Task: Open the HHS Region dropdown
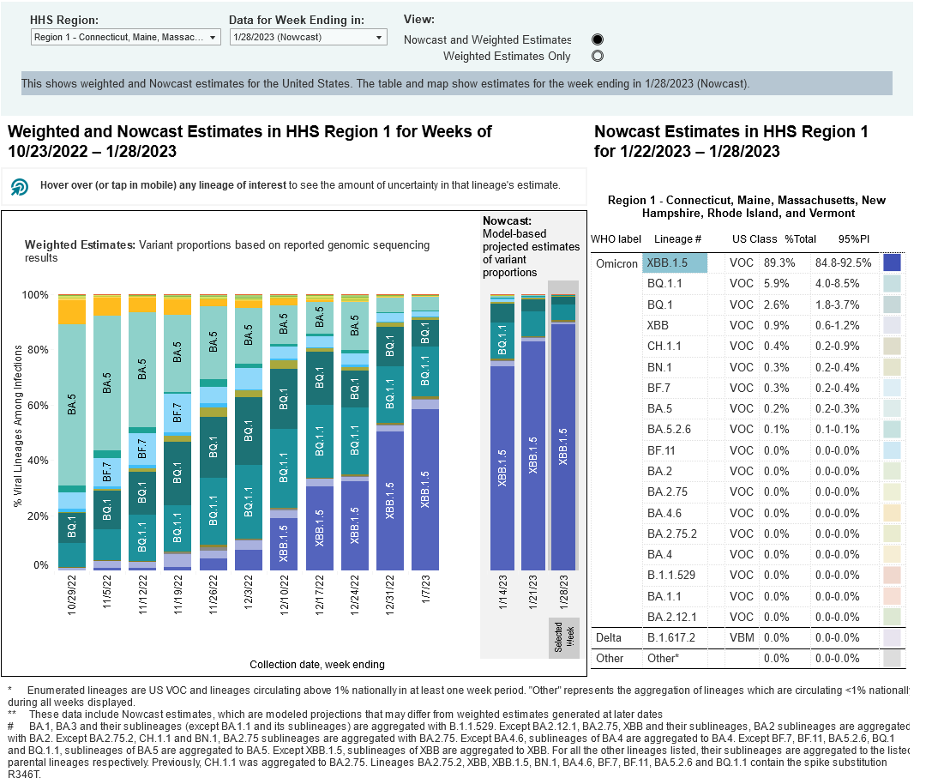point(125,38)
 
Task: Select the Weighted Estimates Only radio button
point(598,57)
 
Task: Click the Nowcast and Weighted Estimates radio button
point(598,39)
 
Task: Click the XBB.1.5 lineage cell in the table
point(676,262)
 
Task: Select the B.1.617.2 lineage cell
point(673,638)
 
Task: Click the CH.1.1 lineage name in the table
point(664,346)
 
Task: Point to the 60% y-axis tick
point(38,405)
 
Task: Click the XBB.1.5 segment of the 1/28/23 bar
point(562,446)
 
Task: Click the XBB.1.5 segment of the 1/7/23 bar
point(425,489)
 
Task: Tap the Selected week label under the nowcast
point(562,638)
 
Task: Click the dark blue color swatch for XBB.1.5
point(892,262)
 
